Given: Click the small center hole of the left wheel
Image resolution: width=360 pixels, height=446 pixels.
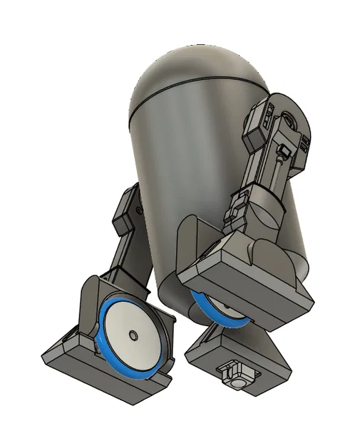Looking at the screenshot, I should coord(134,335).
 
